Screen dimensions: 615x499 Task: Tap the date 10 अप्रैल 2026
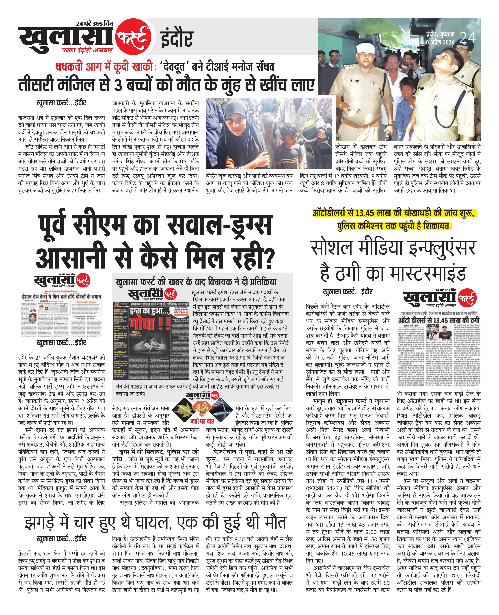pos(439,42)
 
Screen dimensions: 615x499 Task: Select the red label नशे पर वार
pos(202,421)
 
